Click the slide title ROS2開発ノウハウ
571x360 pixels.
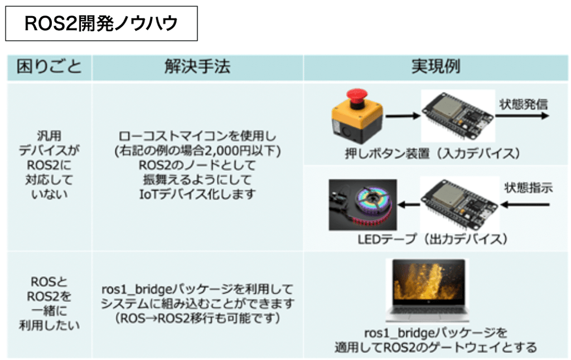coord(101,23)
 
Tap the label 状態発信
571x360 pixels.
coord(522,104)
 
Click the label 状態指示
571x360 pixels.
coord(528,188)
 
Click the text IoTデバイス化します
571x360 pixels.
coord(197,194)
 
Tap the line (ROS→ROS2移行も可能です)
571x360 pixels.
coord(197,319)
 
